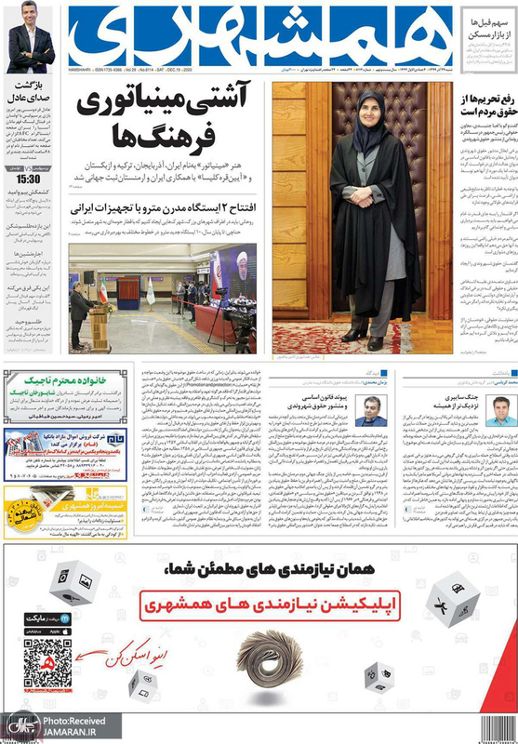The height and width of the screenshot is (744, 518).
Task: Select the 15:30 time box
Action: (x=27, y=179)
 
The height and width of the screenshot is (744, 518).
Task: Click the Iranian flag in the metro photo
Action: (x=103, y=296)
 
